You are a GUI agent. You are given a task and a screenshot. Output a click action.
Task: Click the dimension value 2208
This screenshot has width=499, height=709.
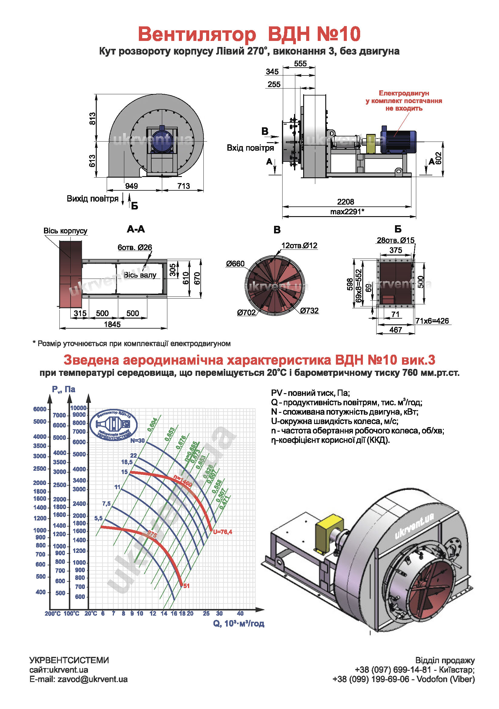click(345, 202)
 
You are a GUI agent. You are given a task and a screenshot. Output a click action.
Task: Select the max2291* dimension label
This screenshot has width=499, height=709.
click(347, 212)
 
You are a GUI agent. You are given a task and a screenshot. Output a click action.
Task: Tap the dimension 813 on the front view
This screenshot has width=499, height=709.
click(92, 119)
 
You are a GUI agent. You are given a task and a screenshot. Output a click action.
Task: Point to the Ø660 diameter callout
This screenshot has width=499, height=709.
click(235, 264)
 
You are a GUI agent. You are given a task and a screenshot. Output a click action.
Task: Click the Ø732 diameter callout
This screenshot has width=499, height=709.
click(309, 310)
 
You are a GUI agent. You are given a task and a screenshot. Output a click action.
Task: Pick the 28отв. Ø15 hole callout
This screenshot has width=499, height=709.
click(395, 240)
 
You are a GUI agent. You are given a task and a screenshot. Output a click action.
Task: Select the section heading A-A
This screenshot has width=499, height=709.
click(136, 229)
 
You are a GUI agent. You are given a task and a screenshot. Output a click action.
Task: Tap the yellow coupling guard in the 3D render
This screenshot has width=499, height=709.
click(329, 532)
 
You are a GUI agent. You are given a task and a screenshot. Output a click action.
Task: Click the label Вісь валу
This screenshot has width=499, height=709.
click(140, 275)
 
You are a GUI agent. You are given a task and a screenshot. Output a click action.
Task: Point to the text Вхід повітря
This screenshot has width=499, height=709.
click(250, 148)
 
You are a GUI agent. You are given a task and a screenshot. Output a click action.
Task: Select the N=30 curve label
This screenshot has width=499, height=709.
click(137, 441)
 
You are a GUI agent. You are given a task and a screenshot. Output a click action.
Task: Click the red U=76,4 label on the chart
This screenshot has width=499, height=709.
click(222, 532)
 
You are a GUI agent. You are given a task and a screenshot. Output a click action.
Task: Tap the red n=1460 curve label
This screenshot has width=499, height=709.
click(183, 481)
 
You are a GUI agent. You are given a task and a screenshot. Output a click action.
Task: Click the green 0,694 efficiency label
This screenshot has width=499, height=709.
click(152, 425)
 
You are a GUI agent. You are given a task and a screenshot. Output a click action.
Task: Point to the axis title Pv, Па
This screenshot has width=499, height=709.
click(64, 390)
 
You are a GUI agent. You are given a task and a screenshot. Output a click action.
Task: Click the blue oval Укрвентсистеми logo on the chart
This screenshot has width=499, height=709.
click(113, 425)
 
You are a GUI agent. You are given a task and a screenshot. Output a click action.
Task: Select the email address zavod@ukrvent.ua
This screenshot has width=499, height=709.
click(92, 679)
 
